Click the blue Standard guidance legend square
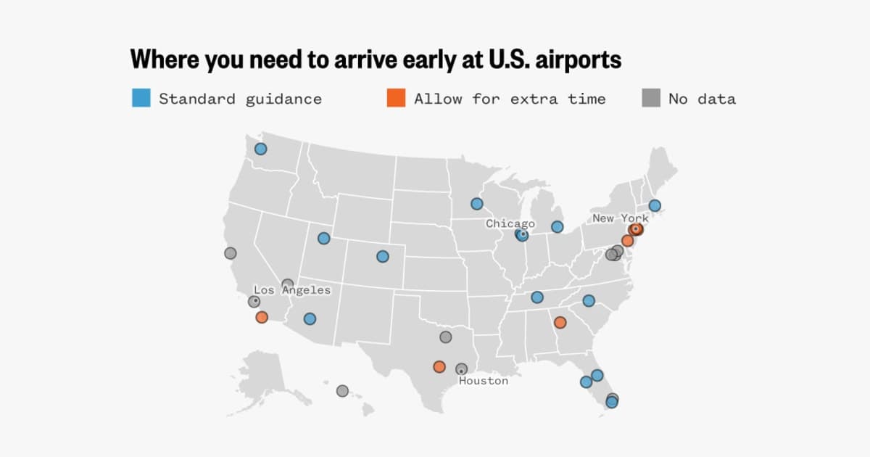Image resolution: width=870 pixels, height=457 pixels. coord(141,98)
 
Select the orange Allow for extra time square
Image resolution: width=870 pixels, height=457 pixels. coord(396,98)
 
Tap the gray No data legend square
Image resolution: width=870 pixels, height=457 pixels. coord(650,98)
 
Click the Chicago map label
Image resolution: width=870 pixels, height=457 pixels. coord(510,224)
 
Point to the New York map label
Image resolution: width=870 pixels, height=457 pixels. coord(620,218)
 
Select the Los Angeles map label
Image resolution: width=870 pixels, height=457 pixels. coord(291,290)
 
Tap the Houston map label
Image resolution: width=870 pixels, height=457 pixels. coord(484,381)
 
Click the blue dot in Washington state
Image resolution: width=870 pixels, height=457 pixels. coord(260,149)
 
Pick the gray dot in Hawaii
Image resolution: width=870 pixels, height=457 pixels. coord(342,391)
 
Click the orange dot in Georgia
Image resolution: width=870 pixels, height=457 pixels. coord(560,322)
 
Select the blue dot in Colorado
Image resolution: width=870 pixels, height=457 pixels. coord(382,256)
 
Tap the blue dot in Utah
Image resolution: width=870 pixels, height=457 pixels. coord(323,238)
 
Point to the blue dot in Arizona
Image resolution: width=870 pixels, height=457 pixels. coord(310,318)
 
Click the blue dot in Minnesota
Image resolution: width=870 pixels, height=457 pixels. coord(476,204)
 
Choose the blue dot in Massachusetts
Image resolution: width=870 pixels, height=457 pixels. coord(655,205)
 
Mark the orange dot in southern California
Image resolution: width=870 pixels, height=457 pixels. coord(262,317)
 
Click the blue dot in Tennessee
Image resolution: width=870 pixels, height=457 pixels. coord(536,297)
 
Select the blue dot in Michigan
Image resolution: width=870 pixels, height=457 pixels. coord(557,227)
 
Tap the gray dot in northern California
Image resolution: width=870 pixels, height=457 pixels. coord(230,253)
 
